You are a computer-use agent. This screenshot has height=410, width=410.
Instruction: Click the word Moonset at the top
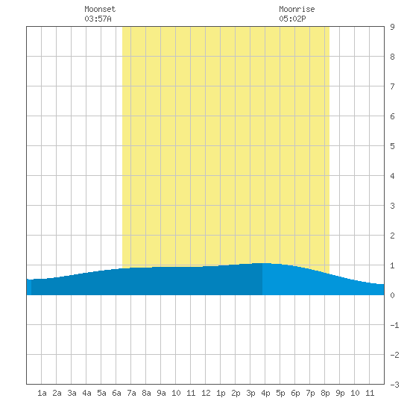click(x=100, y=9)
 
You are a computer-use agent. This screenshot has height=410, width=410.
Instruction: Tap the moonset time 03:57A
click(x=98, y=19)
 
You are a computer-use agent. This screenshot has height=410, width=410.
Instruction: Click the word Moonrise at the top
click(x=297, y=9)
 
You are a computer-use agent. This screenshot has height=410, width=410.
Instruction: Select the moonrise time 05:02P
click(x=292, y=19)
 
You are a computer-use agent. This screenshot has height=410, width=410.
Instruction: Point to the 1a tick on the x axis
click(x=42, y=393)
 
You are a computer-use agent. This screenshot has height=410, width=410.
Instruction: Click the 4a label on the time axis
click(x=86, y=393)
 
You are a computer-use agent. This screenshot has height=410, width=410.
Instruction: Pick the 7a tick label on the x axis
click(x=131, y=393)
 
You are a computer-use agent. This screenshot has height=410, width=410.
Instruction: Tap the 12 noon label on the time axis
click(x=206, y=393)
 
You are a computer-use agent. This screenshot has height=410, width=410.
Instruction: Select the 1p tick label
click(x=221, y=393)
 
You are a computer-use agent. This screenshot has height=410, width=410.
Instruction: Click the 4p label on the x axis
click(x=265, y=393)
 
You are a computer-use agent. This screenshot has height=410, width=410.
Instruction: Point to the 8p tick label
click(x=325, y=393)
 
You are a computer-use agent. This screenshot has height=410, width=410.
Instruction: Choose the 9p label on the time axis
click(x=340, y=393)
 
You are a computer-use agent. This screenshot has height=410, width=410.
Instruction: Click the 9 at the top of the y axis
click(x=392, y=27)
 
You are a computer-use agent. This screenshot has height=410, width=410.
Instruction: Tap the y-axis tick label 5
click(x=392, y=146)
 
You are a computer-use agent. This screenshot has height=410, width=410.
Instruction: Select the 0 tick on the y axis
click(x=392, y=295)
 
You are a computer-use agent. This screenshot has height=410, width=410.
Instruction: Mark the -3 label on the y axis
click(x=394, y=385)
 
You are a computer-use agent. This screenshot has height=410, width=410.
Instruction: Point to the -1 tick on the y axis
click(x=394, y=325)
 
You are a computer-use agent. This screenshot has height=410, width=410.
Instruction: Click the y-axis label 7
click(x=392, y=86)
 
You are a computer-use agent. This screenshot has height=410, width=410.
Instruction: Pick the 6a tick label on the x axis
click(x=116, y=393)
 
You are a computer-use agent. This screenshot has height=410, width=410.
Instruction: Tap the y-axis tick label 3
click(x=392, y=206)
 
